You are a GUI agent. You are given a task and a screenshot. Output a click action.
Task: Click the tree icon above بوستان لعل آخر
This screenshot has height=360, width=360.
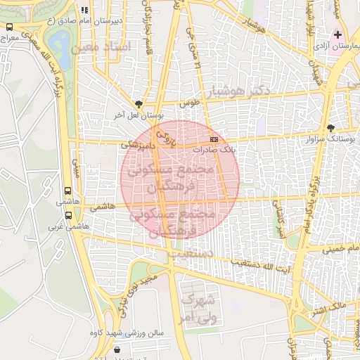tap(139, 103)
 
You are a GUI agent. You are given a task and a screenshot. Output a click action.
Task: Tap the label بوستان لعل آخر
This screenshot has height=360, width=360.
tap(139, 114)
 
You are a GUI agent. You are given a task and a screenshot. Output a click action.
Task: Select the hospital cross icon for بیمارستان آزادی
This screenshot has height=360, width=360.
tap(338, 34)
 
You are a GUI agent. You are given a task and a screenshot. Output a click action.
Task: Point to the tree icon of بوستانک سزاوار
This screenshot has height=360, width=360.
tap(331, 128)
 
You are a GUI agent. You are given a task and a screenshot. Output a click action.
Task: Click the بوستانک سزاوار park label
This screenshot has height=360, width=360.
tap(330, 139)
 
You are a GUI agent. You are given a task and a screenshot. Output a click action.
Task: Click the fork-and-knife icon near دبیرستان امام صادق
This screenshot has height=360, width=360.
tap(85, 11)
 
